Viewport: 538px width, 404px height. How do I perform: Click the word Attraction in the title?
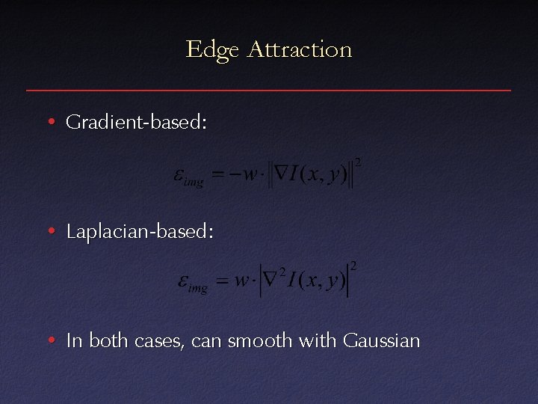click(x=299, y=49)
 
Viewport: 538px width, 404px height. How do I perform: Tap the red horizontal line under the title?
click(x=269, y=91)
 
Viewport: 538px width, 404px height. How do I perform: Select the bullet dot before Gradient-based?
click(x=50, y=122)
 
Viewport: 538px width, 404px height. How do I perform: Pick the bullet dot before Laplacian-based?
click(x=50, y=232)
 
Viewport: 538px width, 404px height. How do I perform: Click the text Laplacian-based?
click(x=140, y=232)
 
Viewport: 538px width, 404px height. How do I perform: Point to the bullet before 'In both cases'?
click(x=50, y=342)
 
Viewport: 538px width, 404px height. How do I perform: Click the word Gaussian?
click(x=381, y=341)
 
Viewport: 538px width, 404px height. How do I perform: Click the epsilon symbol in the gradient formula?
click(x=180, y=175)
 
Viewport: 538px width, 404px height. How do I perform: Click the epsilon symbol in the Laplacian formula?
click(x=183, y=281)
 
